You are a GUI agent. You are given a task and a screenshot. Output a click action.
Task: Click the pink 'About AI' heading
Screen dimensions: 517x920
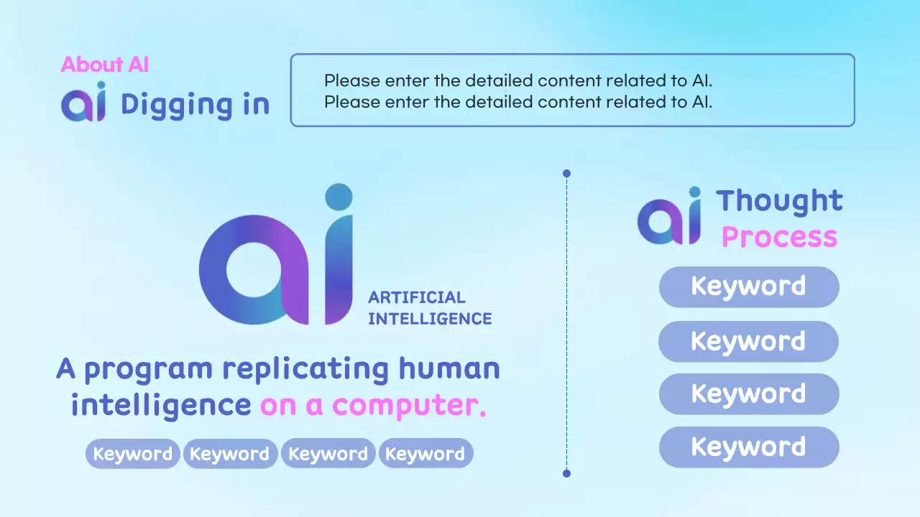105,65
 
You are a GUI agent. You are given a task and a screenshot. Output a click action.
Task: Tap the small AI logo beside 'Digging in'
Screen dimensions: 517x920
83,103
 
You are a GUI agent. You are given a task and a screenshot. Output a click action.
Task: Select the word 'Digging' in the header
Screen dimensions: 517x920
165,105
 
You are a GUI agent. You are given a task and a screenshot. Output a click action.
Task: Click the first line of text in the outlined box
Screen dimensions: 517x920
517,80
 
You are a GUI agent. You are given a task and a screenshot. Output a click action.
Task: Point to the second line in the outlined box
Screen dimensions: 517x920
517,102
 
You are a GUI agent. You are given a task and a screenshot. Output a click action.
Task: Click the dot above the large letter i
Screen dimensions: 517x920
339,197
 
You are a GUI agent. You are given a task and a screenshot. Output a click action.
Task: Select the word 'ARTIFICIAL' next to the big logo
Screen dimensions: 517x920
417,297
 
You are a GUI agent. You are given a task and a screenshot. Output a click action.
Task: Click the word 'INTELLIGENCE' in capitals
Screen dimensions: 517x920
430,319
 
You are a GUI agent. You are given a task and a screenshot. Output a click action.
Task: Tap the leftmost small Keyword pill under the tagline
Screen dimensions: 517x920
132,454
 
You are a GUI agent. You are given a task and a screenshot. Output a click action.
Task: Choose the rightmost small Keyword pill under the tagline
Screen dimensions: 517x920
425,454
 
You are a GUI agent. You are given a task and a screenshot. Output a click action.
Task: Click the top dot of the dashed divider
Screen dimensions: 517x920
566,174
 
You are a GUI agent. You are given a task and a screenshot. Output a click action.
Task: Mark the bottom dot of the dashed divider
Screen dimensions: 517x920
566,473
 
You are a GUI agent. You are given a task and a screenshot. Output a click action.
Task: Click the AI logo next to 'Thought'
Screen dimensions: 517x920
669,217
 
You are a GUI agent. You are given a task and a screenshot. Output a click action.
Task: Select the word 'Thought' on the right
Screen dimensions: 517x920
779,202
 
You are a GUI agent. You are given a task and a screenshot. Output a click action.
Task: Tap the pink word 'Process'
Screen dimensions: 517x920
779,236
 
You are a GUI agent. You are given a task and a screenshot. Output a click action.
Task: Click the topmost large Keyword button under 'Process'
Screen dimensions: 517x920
749,287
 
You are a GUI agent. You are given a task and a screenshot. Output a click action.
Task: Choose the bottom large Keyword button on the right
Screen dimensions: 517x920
749,447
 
